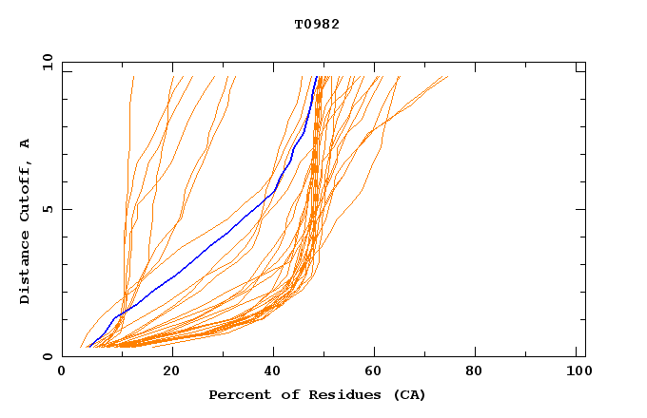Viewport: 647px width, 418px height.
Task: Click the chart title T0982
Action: [x=317, y=24]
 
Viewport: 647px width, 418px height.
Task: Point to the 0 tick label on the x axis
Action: [x=62, y=371]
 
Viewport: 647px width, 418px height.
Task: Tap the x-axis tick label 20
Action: [x=171, y=371]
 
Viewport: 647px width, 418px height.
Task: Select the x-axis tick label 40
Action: [x=274, y=371]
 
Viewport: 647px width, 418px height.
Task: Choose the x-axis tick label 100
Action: [x=578, y=371]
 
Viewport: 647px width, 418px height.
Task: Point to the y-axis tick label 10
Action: [x=46, y=62]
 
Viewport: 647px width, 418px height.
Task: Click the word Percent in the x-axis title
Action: [x=237, y=394]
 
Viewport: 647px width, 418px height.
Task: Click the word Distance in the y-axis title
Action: [x=25, y=268]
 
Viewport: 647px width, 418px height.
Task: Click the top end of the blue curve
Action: [x=316, y=77]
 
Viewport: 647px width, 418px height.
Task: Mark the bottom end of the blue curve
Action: [x=88, y=347]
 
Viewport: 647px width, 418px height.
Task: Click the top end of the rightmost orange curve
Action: [x=447, y=77]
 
